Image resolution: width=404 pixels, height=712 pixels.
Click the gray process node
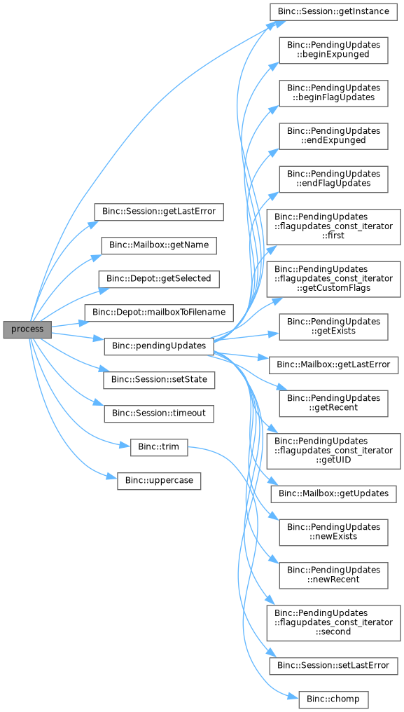pyautogui.click(x=28, y=329)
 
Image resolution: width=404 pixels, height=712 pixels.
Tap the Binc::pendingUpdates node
pyautogui.click(x=158, y=346)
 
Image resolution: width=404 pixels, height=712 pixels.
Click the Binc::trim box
pyautogui.click(x=158, y=447)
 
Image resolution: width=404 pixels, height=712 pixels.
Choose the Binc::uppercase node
pyautogui.click(x=158, y=481)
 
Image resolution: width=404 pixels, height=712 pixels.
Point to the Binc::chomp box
pyautogui.click(x=333, y=699)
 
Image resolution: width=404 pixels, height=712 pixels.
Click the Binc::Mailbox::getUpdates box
pyautogui.click(x=333, y=493)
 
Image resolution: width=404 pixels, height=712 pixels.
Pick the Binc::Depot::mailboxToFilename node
pyautogui.click(x=158, y=313)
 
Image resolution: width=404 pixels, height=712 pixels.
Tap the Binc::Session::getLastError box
pyautogui.click(x=158, y=212)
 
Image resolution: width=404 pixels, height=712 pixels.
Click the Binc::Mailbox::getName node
pyautogui.click(x=158, y=245)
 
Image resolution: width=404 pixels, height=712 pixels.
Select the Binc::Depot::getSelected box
pyautogui.click(x=158, y=279)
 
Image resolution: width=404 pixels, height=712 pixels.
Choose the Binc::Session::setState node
pyautogui.click(x=158, y=380)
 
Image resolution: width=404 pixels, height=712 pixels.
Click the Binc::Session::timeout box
pyautogui.click(x=158, y=413)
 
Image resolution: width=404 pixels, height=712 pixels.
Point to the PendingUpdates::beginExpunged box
pyautogui.click(x=333, y=50)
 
